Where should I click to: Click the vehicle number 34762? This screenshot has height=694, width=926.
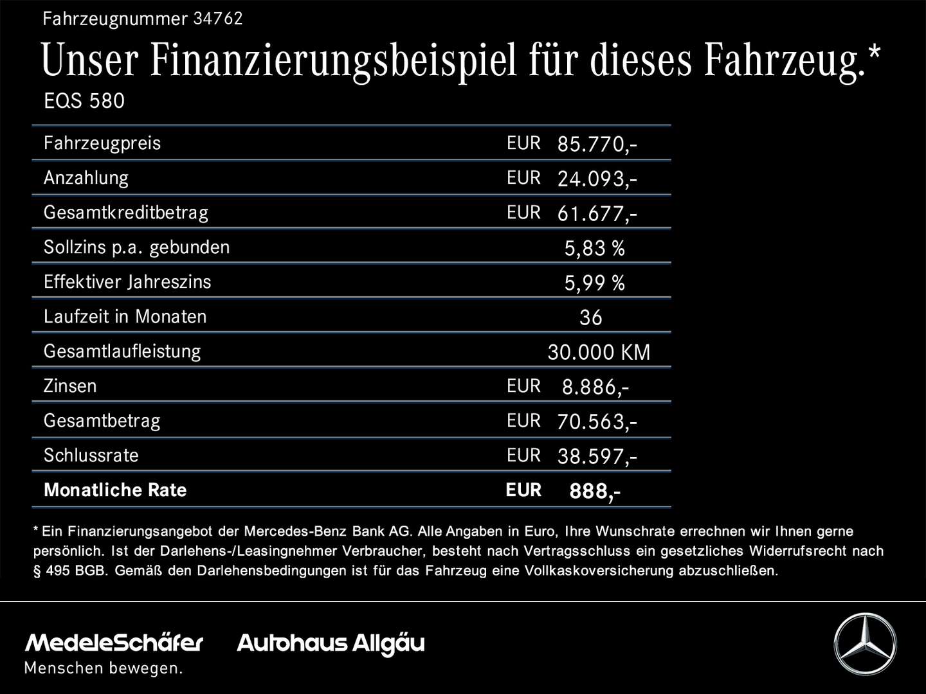tap(218, 19)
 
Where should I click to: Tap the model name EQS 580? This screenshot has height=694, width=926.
tap(84, 101)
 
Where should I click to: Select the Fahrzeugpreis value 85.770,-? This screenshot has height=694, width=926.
tap(597, 144)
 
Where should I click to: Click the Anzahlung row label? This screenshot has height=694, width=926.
tap(86, 178)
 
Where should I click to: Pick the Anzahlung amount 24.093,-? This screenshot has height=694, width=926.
tap(597, 179)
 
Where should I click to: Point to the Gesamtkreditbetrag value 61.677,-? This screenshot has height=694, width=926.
tap(597, 213)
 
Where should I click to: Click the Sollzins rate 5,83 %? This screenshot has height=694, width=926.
tap(594, 248)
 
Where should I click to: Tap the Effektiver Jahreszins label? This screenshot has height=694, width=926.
tap(127, 282)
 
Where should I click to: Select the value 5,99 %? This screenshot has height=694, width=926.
tap(594, 283)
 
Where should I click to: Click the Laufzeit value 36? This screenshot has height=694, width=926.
tap(590, 317)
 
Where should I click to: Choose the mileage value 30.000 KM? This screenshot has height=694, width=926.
tap(599, 352)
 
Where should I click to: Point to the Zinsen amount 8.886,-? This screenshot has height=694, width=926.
tap(595, 387)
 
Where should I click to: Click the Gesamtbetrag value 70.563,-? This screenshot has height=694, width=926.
tap(597, 422)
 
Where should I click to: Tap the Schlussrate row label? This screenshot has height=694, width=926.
tap(91, 456)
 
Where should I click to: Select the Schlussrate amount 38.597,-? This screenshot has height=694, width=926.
tap(597, 456)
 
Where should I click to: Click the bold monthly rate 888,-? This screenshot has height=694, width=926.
tap(595, 492)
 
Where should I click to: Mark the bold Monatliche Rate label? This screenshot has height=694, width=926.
tap(115, 490)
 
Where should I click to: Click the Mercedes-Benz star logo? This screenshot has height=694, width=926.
tap(865, 644)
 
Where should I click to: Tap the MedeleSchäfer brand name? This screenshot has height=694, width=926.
tap(114, 643)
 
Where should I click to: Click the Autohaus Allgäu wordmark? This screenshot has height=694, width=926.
tap(331, 643)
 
